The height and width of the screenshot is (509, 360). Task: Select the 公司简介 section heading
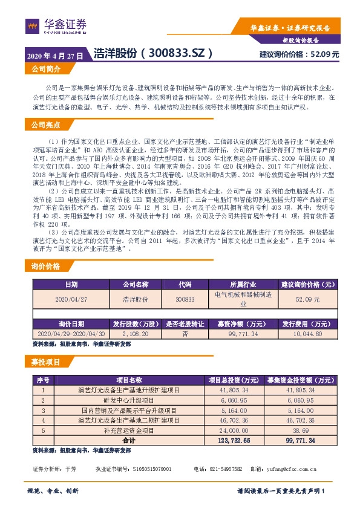46,70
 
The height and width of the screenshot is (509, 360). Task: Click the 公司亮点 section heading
46,125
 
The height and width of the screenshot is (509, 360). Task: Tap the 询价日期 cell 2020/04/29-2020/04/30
71,333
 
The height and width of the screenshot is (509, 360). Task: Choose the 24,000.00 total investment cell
224,430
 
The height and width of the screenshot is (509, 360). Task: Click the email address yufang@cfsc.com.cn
290,468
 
